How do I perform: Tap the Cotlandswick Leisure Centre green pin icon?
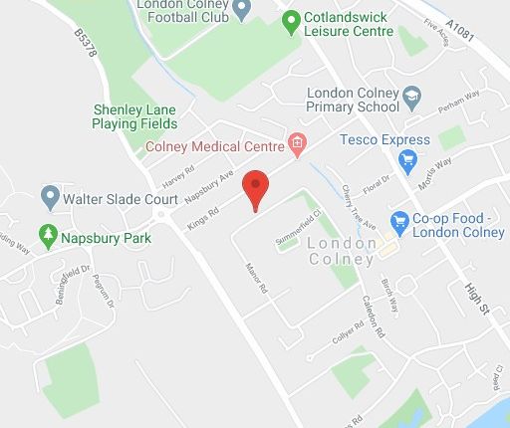(291, 19)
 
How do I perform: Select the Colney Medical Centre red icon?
(296, 144)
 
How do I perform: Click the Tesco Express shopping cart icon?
(406, 159)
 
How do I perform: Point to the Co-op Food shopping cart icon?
(400, 220)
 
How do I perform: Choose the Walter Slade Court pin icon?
(50, 197)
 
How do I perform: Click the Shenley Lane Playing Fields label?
(134, 116)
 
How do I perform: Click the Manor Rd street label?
(256, 280)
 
